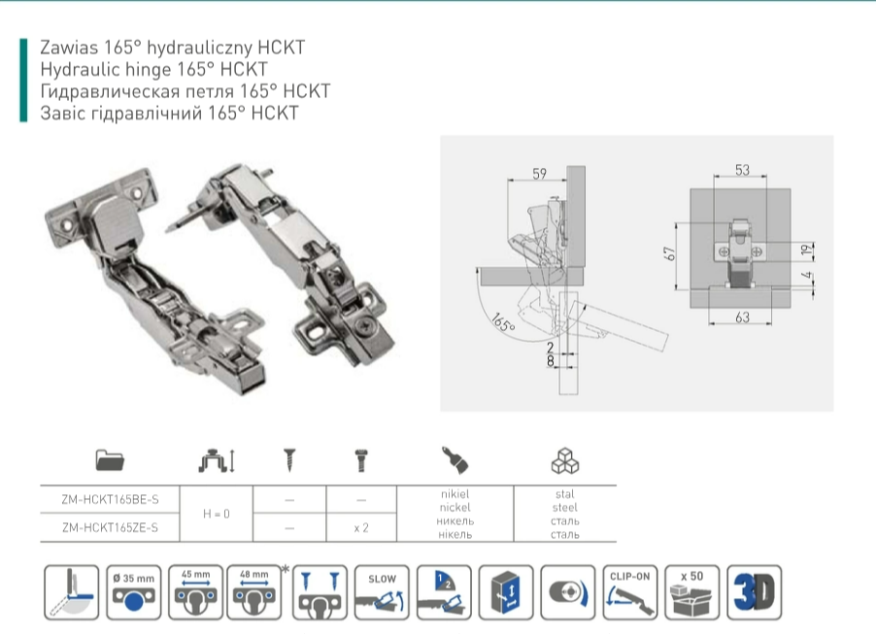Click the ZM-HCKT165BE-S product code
tap(109, 499)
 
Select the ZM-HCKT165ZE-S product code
tap(109, 528)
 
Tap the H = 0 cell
tap(216, 514)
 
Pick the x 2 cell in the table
tap(360, 528)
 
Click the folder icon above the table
tap(110, 459)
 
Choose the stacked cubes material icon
tap(564, 459)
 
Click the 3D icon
tap(754, 591)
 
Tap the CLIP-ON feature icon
tap(628, 591)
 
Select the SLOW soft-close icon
tap(382, 591)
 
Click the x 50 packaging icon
tap(691, 591)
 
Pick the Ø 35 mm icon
tap(135, 591)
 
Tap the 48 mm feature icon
tap(253, 591)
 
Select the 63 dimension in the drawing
tap(742, 317)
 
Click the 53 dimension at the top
tap(742, 171)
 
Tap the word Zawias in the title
tap(66, 47)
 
